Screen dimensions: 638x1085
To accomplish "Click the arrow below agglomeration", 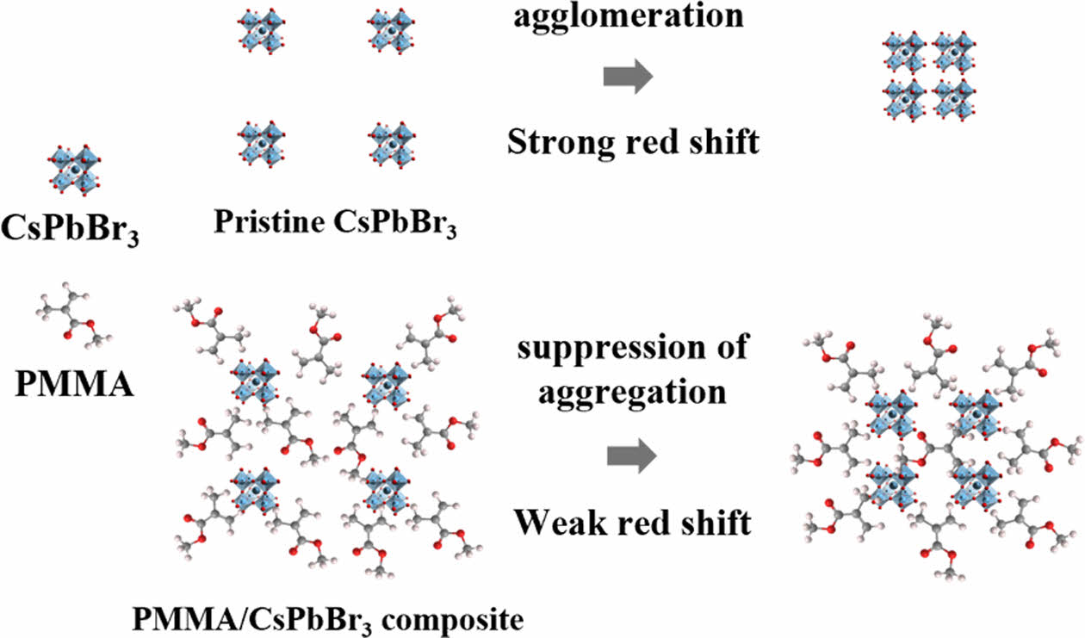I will click(627, 77).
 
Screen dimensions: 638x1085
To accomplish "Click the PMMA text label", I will click(75, 382).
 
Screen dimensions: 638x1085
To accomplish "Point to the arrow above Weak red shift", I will click(631, 456).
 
